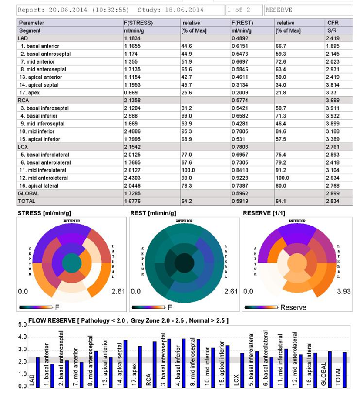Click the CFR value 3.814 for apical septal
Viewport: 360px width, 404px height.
coord(333,85)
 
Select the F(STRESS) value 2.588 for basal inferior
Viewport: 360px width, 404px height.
coord(131,116)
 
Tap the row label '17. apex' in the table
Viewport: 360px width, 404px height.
coord(30,93)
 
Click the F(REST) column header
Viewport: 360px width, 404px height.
coord(242,23)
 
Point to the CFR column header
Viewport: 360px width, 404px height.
coord(333,23)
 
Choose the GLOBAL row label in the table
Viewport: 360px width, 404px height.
coord(28,193)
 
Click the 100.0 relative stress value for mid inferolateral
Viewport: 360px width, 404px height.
coord(188,170)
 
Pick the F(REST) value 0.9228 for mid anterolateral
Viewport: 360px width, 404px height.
coord(240,178)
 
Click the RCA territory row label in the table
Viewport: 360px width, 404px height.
coord(23,101)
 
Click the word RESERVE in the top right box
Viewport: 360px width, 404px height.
coord(279,10)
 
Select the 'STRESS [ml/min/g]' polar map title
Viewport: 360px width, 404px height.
coord(44,213)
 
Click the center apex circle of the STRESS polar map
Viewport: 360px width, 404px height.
coord(72,263)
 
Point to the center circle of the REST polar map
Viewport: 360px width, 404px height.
coord(184,263)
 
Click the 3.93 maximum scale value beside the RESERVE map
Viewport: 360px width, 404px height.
coord(344,291)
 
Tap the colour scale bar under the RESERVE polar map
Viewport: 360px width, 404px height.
coord(261,307)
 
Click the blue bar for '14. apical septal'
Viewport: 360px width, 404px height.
coord(125,364)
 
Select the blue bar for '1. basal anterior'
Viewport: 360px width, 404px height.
coord(52,376)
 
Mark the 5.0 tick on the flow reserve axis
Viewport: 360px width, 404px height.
coord(23,325)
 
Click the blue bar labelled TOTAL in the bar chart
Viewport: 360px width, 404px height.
coord(344,370)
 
